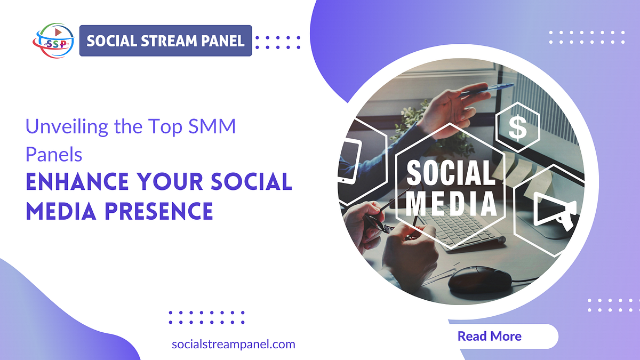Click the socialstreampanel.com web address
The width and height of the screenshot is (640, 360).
tap(234, 344)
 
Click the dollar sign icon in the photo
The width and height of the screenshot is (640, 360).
tap(517, 127)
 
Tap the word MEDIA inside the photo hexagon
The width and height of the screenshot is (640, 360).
tap(451, 204)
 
